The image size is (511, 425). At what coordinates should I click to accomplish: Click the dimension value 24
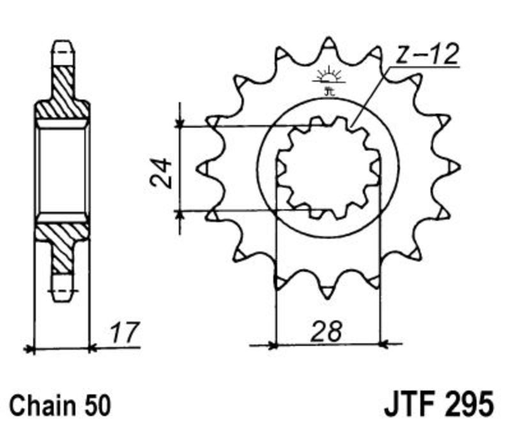[161, 173]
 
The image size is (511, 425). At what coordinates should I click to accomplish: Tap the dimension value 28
[327, 331]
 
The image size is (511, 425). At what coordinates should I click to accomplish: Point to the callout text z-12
[427, 54]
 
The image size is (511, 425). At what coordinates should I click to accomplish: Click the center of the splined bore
[328, 168]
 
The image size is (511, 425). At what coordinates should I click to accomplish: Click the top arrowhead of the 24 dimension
[179, 124]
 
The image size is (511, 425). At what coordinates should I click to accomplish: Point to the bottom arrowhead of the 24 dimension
[179, 214]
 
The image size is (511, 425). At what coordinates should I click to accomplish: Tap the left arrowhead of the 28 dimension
[272, 345]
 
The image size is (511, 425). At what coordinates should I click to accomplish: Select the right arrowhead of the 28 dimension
[385, 343]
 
